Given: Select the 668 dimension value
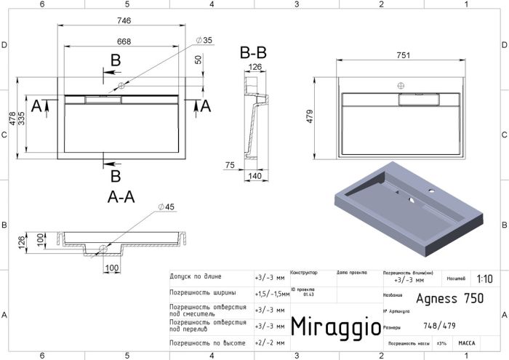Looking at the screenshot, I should pyautogui.click(x=124, y=41).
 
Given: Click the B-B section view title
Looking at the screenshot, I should pyautogui.click(x=253, y=53).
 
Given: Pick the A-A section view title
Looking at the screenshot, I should pyautogui.click(x=120, y=196).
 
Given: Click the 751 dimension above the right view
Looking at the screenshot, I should pyautogui.click(x=401, y=55).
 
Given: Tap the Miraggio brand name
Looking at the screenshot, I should pyautogui.click(x=335, y=325).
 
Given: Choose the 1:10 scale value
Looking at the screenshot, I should pyautogui.click(x=484, y=279).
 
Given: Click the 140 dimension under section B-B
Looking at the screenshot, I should pyautogui.click(x=255, y=177).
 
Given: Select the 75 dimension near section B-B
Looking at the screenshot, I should pyautogui.click(x=230, y=166).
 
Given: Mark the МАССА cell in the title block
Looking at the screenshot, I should pyautogui.click(x=466, y=342).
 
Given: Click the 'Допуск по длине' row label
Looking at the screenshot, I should pyautogui.click(x=196, y=277).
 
